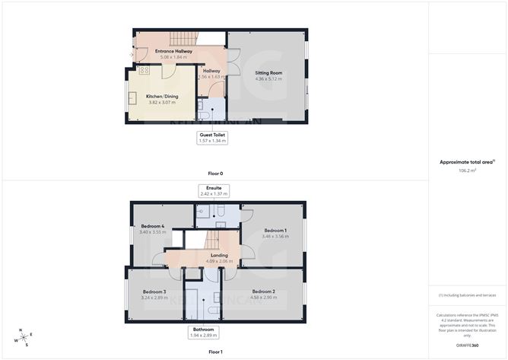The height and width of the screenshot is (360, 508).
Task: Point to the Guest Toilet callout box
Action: click(x=212, y=137)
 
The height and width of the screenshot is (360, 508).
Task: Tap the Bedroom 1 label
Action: click(x=275, y=230)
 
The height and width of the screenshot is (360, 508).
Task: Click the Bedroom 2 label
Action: click(x=263, y=292)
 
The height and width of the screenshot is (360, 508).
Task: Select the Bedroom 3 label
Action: click(x=154, y=292)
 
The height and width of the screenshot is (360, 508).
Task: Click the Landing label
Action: click(x=219, y=255)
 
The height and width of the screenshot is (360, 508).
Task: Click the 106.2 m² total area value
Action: click(x=467, y=170)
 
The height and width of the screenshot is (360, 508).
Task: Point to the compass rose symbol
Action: click(x=24, y=337)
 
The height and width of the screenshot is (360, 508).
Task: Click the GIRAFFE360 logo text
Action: click(x=468, y=346)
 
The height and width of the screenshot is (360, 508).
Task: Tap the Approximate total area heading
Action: click(x=466, y=161)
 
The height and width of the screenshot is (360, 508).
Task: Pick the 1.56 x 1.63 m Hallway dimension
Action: click(x=211, y=77)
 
